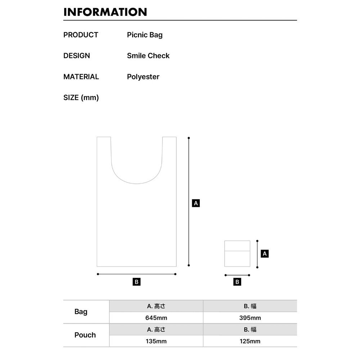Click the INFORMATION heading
(105, 12)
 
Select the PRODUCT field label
(81, 35)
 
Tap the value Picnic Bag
(145, 35)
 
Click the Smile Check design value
(148, 56)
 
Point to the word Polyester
(143, 77)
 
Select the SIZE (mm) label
(81, 98)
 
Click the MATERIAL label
(81, 77)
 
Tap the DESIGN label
(77, 56)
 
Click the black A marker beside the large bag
(196, 203)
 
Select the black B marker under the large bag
(136, 282)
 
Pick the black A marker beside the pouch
(265, 254)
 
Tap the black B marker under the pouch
(237, 282)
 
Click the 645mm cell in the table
(156, 318)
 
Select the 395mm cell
(250, 318)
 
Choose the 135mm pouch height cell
(156, 341)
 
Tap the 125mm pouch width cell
(250, 341)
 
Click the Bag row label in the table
(81, 312)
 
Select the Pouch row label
(85, 335)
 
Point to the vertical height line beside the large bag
(189, 202)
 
